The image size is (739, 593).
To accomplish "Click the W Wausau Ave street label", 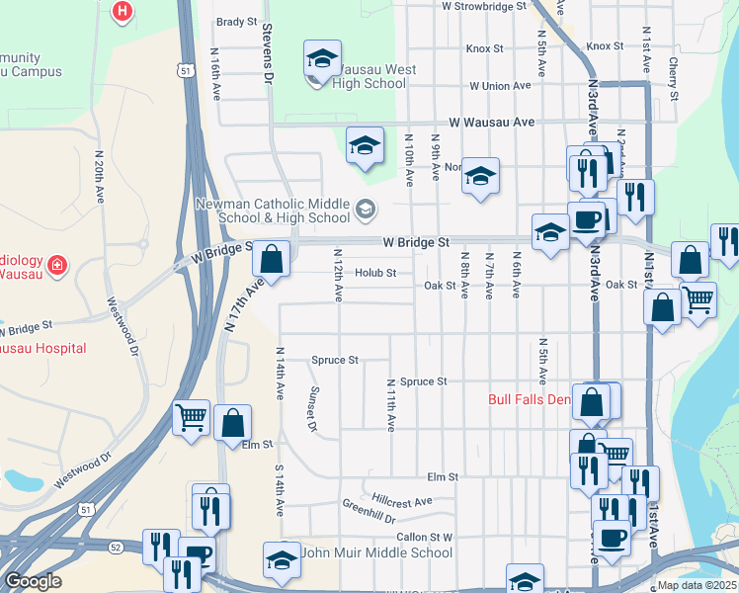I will point(491,123).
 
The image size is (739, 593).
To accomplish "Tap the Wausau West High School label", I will point(369,77).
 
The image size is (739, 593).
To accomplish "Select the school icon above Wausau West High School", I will point(322,59).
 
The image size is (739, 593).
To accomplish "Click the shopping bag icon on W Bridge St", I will point(271,261).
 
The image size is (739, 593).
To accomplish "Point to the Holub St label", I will point(375,273).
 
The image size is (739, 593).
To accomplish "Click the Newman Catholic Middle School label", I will point(273,211).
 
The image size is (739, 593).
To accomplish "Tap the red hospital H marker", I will point(123,13).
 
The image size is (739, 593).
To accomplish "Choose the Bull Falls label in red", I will point(530,400).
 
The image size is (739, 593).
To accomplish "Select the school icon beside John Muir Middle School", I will point(282,560).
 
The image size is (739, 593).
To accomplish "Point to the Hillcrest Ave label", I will point(402,501).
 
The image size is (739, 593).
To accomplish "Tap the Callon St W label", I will point(424,538).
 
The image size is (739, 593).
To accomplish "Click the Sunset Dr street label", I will point(312,408).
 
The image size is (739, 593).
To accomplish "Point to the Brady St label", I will point(236,22).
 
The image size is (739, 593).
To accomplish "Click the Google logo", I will point(33,581).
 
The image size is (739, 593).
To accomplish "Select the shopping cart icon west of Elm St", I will point(191,417).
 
